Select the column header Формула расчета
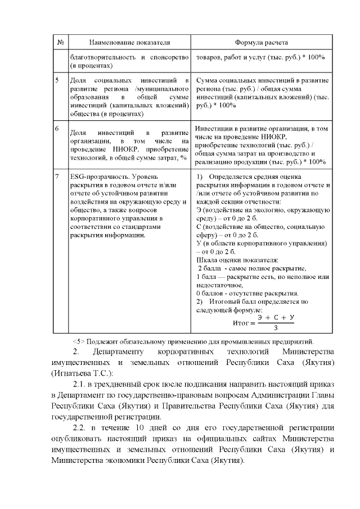pos(262,43)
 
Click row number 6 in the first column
pos(57,129)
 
